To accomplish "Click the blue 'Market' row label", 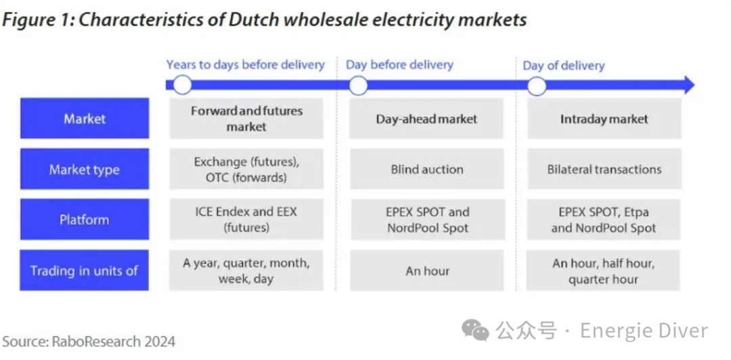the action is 85,118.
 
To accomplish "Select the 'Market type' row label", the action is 85,168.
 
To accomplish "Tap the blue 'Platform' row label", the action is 85,219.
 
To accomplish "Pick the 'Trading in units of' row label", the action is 85,270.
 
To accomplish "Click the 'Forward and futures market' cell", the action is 246,118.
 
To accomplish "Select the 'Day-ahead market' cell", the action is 426,118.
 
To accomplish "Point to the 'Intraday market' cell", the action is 604,118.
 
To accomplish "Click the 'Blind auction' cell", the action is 426,168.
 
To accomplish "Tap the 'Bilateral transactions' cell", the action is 604,168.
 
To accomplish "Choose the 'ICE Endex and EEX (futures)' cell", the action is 246,219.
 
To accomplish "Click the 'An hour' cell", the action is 426,270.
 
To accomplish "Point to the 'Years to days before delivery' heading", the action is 246,65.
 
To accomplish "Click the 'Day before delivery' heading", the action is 399,65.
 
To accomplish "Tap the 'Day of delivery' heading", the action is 564,65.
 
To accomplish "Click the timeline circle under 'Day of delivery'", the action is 537,86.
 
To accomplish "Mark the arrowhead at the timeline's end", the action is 688,85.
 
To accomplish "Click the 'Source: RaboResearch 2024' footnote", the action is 89,341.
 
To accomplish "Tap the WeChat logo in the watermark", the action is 476,330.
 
